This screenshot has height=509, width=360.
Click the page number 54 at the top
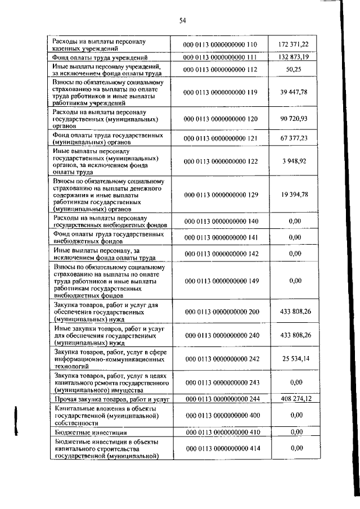click(x=182, y=21)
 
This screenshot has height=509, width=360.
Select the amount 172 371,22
click(x=298, y=44)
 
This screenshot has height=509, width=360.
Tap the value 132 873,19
click(x=298, y=57)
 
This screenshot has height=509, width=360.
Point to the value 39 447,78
click(x=298, y=92)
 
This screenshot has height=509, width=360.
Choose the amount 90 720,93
click(x=298, y=119)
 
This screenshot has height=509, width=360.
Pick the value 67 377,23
click(x=298, y=138)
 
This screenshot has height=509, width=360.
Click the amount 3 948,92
click(x=298, y=161)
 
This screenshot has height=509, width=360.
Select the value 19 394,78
click(x=298, y=194)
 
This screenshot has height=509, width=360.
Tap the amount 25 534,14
click(x=298, y=357)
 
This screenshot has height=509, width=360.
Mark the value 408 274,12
click(x=298, y=398)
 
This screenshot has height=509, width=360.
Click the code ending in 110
click(x=220, y=44)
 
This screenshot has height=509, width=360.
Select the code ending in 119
click(x=220, y=92)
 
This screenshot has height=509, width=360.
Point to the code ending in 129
click(x=220, y=194)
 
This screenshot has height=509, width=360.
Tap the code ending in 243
click(x=220, y=382)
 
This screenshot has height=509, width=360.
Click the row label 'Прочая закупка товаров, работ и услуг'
click(x=105, y=399)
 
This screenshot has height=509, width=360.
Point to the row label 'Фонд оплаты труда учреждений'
click(x=100, y=57)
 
